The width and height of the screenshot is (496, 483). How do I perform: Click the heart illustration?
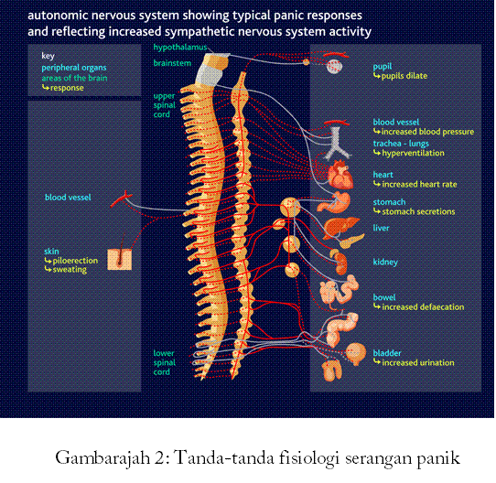click(x=340, y=175)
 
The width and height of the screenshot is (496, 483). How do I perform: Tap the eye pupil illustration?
click(x=334, y=67)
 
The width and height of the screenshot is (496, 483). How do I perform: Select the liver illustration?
click(x=341, y=227)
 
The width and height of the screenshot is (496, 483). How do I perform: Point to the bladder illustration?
click(x=356, y=354)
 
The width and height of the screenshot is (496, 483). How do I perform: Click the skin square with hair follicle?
click(x=120, y=260)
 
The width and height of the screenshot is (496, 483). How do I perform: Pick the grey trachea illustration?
click(x=337, y=143)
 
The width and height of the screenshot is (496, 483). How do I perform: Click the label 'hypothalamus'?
click(x=180, y=48)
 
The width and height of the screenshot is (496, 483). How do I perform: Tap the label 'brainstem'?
click(x=172, y=63)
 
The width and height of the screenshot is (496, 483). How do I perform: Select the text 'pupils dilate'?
click(x=404, y=76)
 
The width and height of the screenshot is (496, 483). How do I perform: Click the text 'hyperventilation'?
click(x=413, y=153)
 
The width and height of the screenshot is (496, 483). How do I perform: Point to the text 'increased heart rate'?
click(x=419, y=184)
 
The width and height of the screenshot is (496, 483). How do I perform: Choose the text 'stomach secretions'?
click(x=418, y=211)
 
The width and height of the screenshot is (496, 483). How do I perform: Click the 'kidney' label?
click(x=385, y=262)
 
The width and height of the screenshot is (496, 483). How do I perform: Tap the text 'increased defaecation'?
click(x=423, y=306)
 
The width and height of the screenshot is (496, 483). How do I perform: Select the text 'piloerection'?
click(x=75, y=261)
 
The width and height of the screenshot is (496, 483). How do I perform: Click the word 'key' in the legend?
click(x=49, y=56)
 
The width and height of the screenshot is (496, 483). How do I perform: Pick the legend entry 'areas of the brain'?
click(x=74, y=78)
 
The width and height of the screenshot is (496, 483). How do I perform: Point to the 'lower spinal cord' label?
click(x=164, y=362)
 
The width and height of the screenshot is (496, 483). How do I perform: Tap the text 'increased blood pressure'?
click(x=427, y=132)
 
